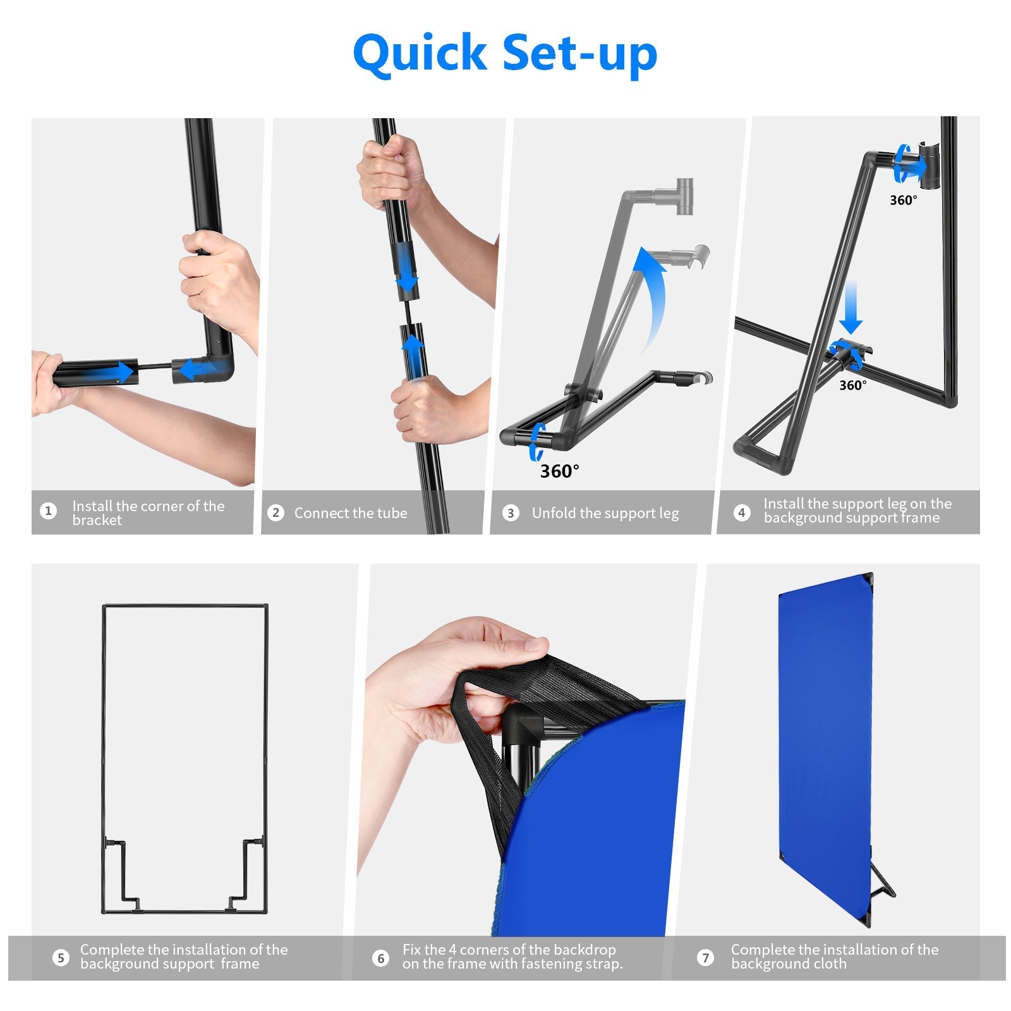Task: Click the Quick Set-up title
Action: coord(505,53)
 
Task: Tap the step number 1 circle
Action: coord(48,511)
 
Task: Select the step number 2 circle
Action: coord(275,512)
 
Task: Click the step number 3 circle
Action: coord(511,512)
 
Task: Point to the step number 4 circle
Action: coord(742,512)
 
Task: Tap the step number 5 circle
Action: coord(61,957)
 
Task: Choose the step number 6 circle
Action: coord(380,958)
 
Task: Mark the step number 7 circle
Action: coord(705,957)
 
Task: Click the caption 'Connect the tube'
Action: coord(351,513)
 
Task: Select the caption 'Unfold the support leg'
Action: coord(605,513)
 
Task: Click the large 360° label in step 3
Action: coord(559,471)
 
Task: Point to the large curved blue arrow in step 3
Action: coord(651,297)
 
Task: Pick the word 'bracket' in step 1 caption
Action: coord(97,521)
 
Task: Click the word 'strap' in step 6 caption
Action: coord(603,964)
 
